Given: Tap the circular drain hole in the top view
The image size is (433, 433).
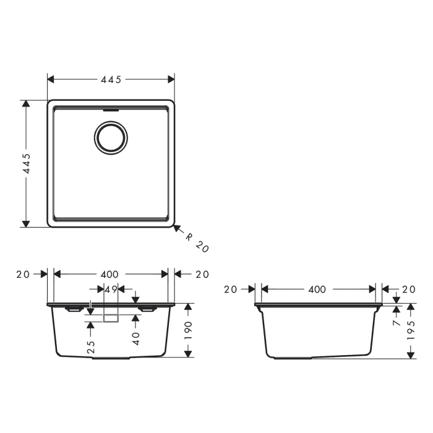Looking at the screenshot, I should point(111,137).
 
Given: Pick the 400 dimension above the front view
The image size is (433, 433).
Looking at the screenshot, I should point(109,274).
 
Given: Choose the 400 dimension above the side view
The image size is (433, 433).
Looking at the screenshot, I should point(317,289).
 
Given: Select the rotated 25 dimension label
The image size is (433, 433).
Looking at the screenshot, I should point(91,346).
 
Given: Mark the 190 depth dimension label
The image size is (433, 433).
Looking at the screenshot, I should point(189,331).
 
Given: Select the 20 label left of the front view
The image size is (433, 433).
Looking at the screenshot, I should point(24,274).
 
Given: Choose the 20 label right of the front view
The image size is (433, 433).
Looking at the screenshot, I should point(201,274).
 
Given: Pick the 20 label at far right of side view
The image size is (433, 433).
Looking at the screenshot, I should point(408,289).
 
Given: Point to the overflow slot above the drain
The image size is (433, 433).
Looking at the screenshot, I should point(111,109).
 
